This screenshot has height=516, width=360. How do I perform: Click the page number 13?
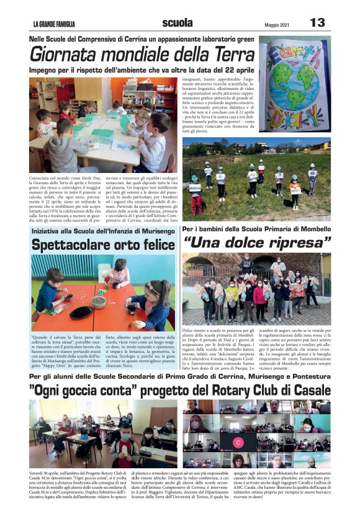317,23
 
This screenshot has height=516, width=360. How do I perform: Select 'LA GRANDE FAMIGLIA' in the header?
54,25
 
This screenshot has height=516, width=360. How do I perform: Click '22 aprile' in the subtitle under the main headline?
235,71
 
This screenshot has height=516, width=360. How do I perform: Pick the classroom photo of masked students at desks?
102,434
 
